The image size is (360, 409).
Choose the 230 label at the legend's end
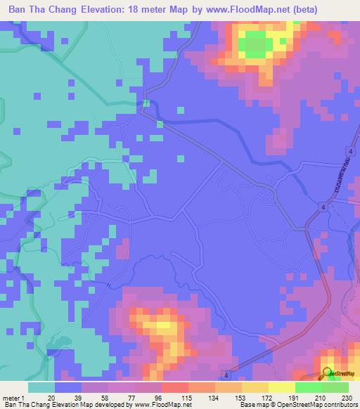coord(347,397)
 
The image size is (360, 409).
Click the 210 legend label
coord(321,397)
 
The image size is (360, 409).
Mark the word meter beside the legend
coord(11,397)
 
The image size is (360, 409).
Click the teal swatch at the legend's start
coord(41,387)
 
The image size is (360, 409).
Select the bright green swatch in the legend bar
coord(309,387)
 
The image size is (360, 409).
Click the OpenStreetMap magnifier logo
coord(328,373)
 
